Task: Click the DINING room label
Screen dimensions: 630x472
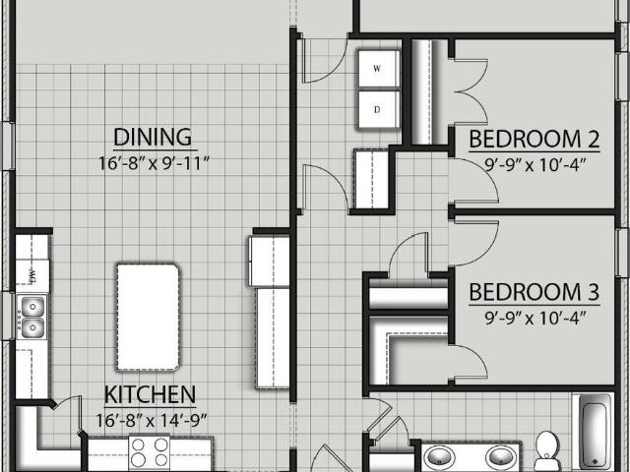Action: pyautogui.click(x=153, y=138)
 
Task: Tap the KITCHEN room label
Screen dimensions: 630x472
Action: pyautogui.click(x=150, y=394)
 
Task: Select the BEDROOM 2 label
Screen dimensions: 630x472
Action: pyautogui.click(x=535, y=139)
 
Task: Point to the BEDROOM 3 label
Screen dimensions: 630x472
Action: pyautogui.click(x=535, y=292)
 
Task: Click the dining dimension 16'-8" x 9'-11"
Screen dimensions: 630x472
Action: pyautogui.click(x=155, y=163)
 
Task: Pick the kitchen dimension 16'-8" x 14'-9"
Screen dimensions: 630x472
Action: pyautogui.click(x=152, y=421)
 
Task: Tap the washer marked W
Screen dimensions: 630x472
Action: pyautogui.click(x=378, y=69)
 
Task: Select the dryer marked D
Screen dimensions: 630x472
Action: pyautogui.click(x=378, y=109)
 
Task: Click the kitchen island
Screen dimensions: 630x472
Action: pyautogui.click(x=148, y=317)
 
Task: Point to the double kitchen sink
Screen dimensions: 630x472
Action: pyautogui.click(x=32, y=317)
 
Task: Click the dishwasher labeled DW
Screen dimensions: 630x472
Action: pyautogui.click(x=32, y=275)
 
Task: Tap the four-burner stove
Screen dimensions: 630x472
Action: pyautogui.click(x=150, y=452)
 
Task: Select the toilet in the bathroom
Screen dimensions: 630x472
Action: pyautogui.click(x=547, y=449)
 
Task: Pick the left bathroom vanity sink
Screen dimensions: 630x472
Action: pyautogui.click(x=440, y=457)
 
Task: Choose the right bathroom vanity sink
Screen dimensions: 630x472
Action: pyautogui.click(x=500, y=457)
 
